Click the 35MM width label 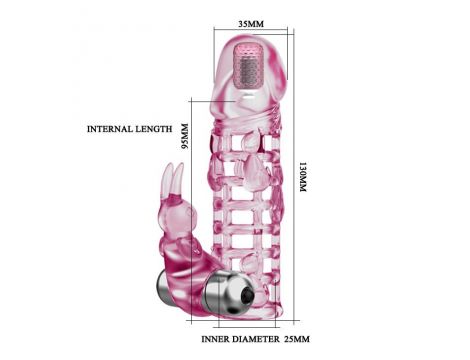pyautogui.click(x=251, y=24)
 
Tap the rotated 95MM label pyautogui.click(x=184, y=136)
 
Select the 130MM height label pyautogui.click(x=302, y=177)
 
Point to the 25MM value pyautogui.click(x=297, y=339)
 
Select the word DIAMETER pyautogui.click(x=256, y=339)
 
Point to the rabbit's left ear pyautogui.click(x=168, y=178)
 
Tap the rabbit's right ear pyautogui.click(x=179, y=177)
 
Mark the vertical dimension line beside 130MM pyautogui.click(x=294, y=176)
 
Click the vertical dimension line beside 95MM pyautogui.click(x=191, y=211)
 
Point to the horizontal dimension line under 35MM pyautogui.click(x=251, y=29)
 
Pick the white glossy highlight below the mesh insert pyautogui.click(x=248, y=98)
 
